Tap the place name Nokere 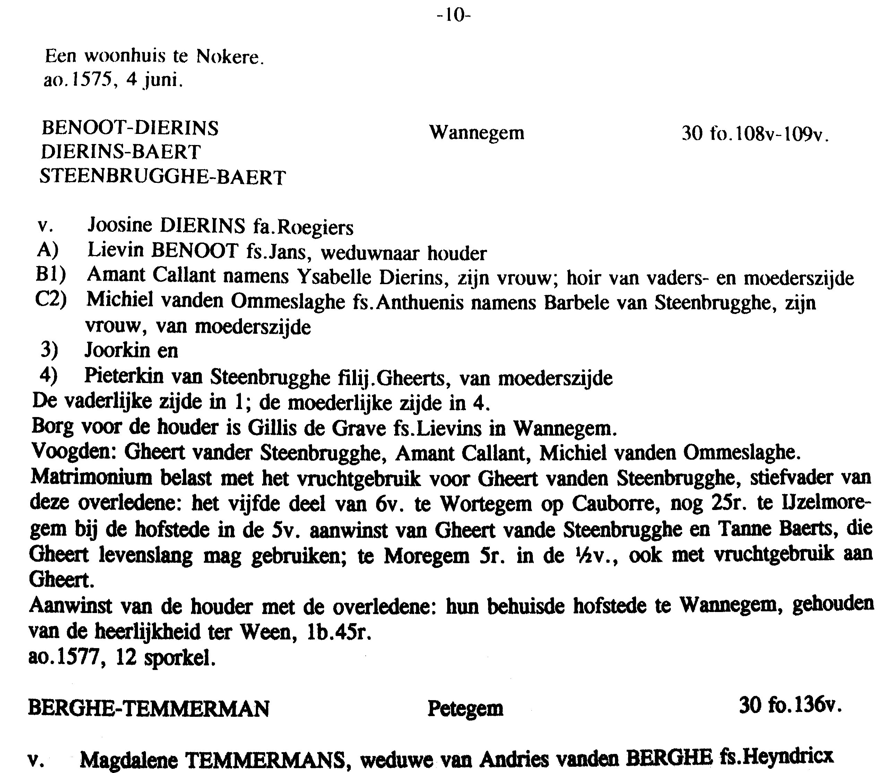coord(230,57)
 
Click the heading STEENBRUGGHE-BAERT coord(163,177)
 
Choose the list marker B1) coord(50,275)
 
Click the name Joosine coord(120,225)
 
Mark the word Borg coord(52,427)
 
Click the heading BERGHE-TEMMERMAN coord(149,708)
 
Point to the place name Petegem coord(465,708)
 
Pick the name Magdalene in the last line coord(129,759)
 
